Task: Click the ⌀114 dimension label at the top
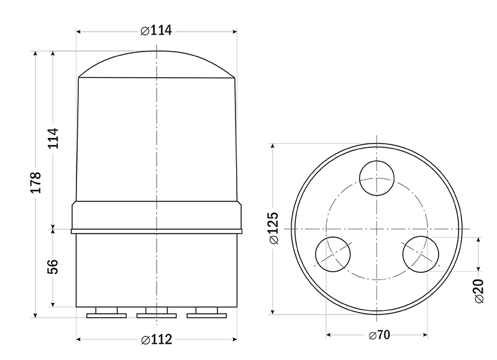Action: click(156, 30)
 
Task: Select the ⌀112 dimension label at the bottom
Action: click(156, 339)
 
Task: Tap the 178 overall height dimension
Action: click(36, 182)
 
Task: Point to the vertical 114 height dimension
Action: click(53, 138)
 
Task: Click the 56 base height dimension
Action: click(53, 266)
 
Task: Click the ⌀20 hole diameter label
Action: click(479, 291)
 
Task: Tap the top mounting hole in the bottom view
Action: click(377, 177)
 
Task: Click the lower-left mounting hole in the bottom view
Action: click(333, 253)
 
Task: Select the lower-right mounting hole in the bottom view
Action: click(420, 253)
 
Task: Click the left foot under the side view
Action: click(106, 313)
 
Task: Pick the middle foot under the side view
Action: click(157, 313)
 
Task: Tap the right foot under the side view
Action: click(207, 313)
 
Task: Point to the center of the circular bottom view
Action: click(377, 228)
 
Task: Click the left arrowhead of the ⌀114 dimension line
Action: click(80, 30)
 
